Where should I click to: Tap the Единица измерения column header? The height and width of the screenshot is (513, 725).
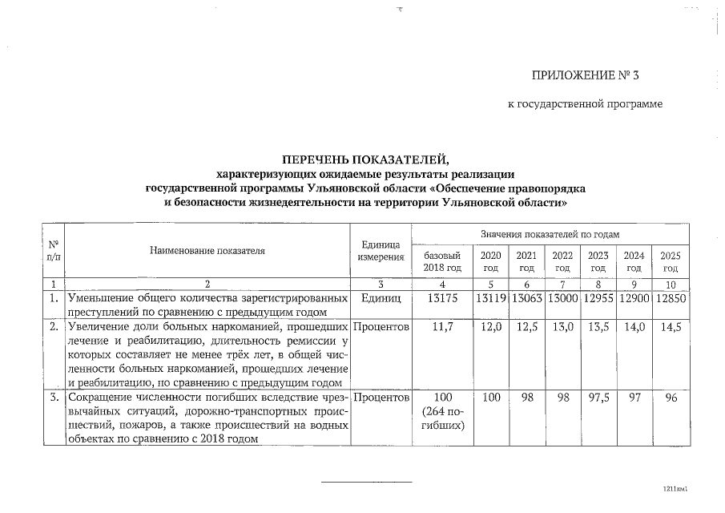click(x=381, y=250)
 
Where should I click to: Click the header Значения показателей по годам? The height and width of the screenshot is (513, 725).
click(x=550, y=233)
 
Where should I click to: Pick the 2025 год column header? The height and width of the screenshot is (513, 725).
click(x=670, y=261)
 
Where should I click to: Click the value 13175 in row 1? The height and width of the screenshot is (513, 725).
click(x=442, y=298)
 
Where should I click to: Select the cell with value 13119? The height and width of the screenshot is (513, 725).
click(x=490, y=298)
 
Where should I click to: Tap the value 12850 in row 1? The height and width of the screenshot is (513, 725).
click(x=671, y=298)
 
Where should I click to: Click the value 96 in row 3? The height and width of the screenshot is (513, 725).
click(x=671, y=398)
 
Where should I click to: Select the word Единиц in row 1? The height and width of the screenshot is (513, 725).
click(x=381, y=298)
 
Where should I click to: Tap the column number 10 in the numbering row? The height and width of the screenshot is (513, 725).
click(x=671, y=284)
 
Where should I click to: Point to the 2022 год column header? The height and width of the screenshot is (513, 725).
click(x=562, y=261)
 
